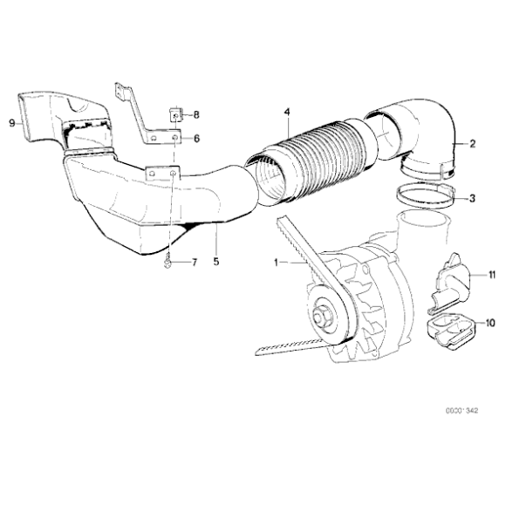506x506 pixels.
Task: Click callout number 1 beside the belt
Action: tap(277, 262)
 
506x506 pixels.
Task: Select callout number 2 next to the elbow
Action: tap(472, 143)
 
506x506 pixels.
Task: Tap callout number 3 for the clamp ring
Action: tap(472, 199)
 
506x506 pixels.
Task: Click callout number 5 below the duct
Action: tap(214, 259)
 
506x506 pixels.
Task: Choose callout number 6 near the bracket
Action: tap(196, 139)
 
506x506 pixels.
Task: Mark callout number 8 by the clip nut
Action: tap(196, 114)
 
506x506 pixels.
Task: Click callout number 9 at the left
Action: tap(11, 123)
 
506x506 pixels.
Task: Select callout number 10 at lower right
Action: tap(490, 323)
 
